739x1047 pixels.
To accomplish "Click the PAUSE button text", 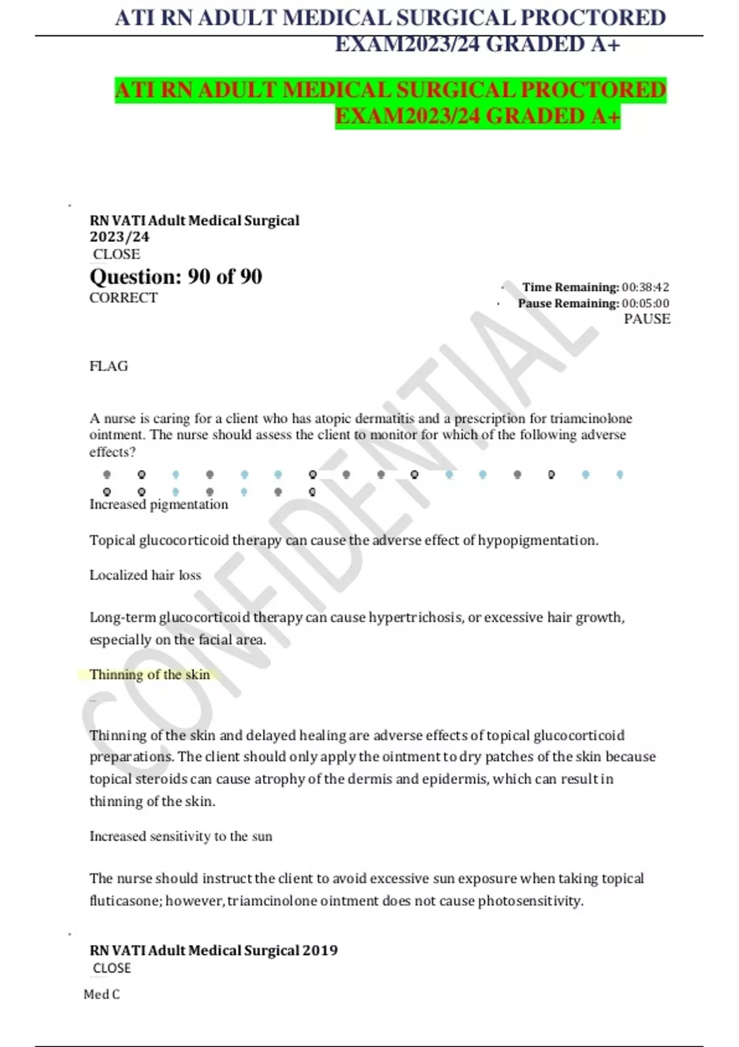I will (x=647, y=319).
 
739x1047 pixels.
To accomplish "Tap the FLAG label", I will (x=109, y=366).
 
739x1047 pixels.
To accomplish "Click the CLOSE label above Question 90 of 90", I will (x=116, y=254).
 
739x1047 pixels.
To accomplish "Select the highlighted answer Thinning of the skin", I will (x=150, y=675).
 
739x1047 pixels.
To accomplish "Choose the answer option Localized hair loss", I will (x=145, y=575).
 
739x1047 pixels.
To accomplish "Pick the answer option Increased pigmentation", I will (x=159, y=505).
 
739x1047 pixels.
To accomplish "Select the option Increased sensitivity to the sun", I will (x=180, y=836).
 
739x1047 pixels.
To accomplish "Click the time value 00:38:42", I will (x=645, y=288).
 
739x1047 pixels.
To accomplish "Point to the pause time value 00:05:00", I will (x=645, y=304).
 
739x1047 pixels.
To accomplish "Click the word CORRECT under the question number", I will (x=123, y=298).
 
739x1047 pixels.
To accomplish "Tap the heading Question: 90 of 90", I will (x=176, y=277).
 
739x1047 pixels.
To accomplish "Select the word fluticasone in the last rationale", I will (x=126, y=902).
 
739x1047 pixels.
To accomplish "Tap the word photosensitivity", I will (x=530, y=902).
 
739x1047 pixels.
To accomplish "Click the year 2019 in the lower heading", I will (x=320, y=950).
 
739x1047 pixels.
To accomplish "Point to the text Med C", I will (x=102, y=995).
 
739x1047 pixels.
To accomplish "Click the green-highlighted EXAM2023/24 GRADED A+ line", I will (x=477, y=116).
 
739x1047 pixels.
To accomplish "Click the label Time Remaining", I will (x=570, y=288).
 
